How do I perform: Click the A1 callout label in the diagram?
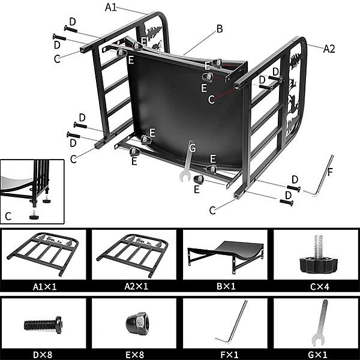pyautogui.click(x=111, y=7)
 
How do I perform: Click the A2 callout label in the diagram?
pyautogui.click(x=329, y=49)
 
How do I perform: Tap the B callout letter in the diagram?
pyautogui.click(x=220, y=29)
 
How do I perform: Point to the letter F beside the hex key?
pyautogui.click(x=330, y=172)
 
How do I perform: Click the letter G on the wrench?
pyautogui.click(x=192, y=148)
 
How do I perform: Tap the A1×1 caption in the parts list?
pyautogui.click(x=44, y=287)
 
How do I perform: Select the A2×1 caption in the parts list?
pyautogui.click(x=136, y=287)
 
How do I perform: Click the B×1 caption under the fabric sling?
pyautogui.click(x=226, y=287)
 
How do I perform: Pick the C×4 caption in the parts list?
pyautogui.click(x=320, y=287)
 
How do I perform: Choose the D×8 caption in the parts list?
pyautogui.click(x=43, y=355)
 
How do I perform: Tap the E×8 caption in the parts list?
pyautogui.click(x=135, y=355)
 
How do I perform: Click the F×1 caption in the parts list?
pyautogui.click(x=230, y=355)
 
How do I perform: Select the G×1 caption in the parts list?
pyautogui.click(x=317, y=355)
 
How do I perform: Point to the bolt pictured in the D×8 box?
pyautogui.click(x=43, y=325)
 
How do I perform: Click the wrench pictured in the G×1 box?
pyautogui.click(x=320, y=322)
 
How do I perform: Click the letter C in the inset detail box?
pyautogui.click(x=8, y=216)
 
